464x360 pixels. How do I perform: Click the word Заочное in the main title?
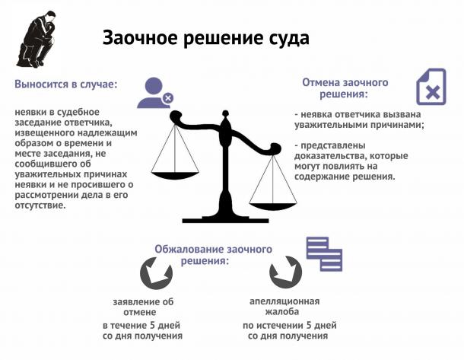click(x=140, y=39)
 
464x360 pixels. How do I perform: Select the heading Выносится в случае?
click(x=66, y=84)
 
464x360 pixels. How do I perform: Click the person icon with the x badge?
click(x=155, y=93)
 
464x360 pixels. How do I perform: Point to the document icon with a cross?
click(x=431, y=87)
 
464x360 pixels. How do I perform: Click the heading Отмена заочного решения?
click(x=345, y=88)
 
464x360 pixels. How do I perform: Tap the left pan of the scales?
click(x=175, y=175)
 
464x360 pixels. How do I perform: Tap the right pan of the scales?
click(x=273, y=206)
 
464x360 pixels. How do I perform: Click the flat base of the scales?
click(x=225, y=220)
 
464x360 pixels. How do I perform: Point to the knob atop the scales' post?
click(x=225, y=113)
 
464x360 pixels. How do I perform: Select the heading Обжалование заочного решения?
click(x=213, y=255)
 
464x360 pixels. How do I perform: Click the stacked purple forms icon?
click(x=324, y=254)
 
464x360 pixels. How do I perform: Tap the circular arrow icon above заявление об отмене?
click(x=156, y=273)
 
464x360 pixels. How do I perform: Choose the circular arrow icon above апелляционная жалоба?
click(x=286, y=272)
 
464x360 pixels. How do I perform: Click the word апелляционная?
click(x=284, y=301)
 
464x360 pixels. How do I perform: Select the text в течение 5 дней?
click(x=141, y=325)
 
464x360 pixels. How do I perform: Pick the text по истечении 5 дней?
click(x=289, y=325)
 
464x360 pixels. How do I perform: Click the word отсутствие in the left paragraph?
click(x=40, y=205)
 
